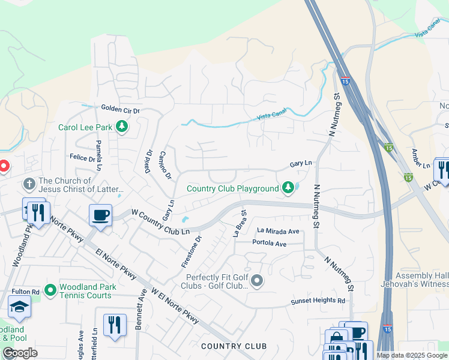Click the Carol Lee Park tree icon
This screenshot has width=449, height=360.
(x=122, y=127)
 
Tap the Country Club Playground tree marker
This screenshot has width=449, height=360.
(x=288, y=188)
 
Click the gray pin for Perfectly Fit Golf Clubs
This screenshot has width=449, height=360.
(x=258, y=281)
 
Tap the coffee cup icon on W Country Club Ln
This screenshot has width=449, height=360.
(x=100, y=215)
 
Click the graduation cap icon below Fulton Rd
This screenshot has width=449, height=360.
(x=19, y=307)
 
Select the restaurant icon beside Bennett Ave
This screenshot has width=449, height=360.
(x=114, y=325)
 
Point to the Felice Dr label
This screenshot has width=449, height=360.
(x=83, y=158)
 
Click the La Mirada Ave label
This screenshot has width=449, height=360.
(x=278, y=231)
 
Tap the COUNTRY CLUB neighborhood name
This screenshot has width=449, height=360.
(x=234, y=346)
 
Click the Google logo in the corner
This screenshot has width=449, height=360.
(x=20, y=353)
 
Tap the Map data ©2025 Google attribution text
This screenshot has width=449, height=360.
(x=412, y=355)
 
